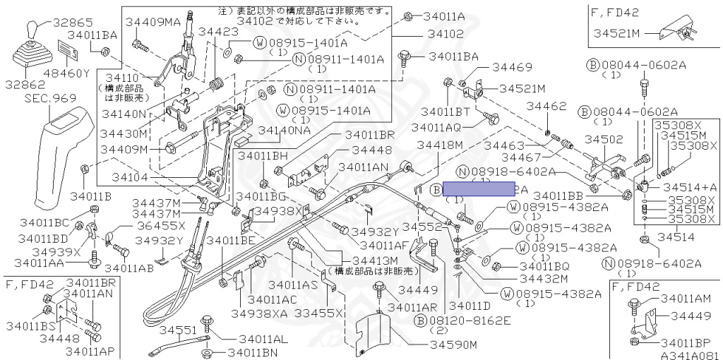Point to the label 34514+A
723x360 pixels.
[x=691, y=186]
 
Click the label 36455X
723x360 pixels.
[x=161, y=226]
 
